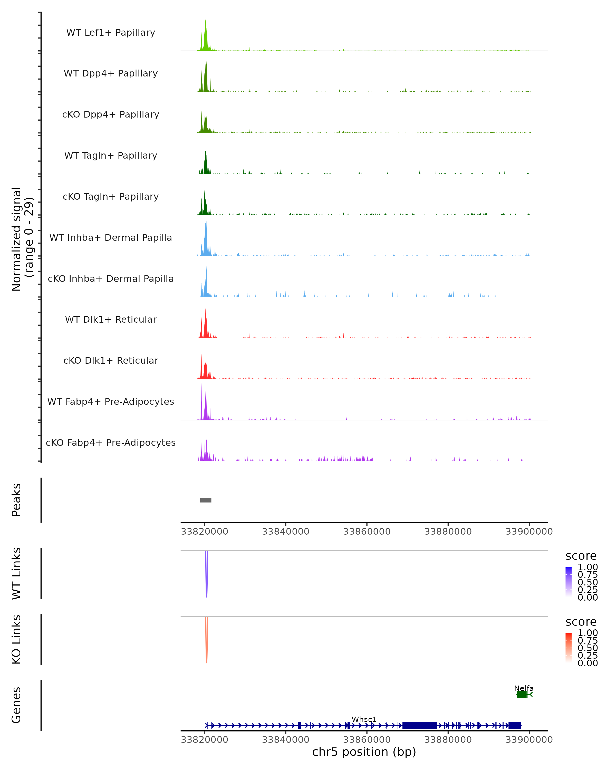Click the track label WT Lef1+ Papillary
click(111, 33)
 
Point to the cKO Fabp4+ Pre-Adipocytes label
click(111, 442)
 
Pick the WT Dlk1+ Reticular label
click(111, 319)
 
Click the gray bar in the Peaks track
click(206, 500)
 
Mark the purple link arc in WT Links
click(206, 575)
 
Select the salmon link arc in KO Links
click(206, 641)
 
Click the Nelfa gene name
click(524, 688)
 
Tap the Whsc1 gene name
click(364, 719)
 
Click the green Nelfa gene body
click(521, 694)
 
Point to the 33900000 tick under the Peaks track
click(529, 532)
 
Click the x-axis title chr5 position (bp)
click(364, 752)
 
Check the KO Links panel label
click(16, 639)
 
